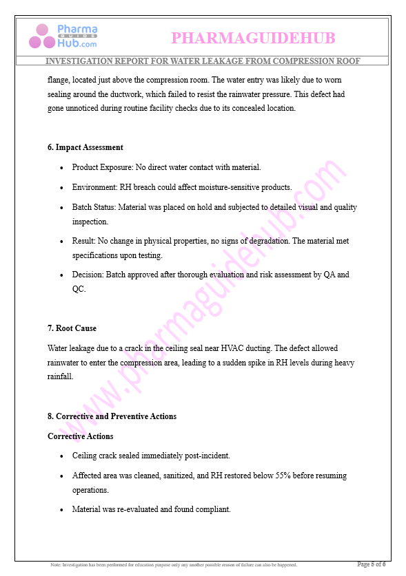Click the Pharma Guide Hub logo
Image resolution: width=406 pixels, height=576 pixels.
point(63,36)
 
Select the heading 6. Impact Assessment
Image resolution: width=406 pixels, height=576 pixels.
point(85,147)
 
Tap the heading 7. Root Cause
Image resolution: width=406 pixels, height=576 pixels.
point(72,328)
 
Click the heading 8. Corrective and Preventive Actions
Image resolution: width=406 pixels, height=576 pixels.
point(112,416)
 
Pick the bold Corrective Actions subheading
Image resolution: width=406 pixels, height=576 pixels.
point(80,436)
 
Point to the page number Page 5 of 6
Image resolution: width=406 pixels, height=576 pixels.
point(371,564)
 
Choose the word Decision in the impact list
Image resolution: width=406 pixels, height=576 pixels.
point(88,275)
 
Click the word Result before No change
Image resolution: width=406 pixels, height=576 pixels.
point(83,241)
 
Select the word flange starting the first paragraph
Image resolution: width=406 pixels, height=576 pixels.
point(58,80)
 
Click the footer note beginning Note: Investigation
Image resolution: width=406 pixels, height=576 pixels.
point(174,565)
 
